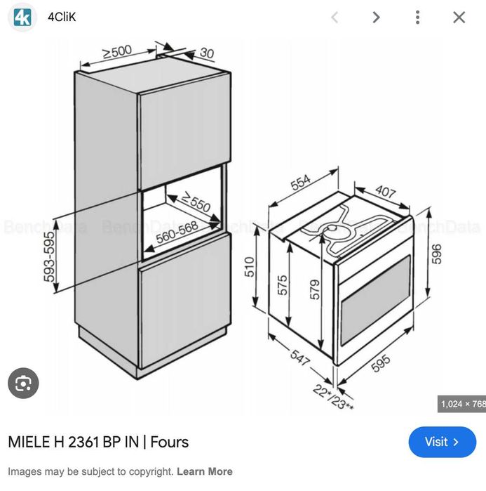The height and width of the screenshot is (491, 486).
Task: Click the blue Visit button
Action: coord(442,442)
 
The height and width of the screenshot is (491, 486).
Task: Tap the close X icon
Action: coord(459,18)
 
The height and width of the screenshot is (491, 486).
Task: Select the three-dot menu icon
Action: coord(417,18)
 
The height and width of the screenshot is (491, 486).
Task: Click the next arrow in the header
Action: coord(377,18)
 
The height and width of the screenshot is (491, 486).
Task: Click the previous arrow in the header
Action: coord(335,18)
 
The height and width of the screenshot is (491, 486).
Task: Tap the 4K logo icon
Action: coord(22,17)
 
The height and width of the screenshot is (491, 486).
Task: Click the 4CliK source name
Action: coord(62,18)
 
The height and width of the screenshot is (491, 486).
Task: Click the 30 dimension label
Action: coord(207,53)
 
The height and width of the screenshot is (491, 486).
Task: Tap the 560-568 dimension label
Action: coord(177,233)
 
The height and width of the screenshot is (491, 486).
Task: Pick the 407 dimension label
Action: coord(385,192)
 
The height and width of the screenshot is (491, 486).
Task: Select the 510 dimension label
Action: coord(249,267)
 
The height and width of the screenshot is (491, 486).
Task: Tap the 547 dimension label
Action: coord(299,357)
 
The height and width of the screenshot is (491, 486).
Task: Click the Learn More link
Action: coord(204,471)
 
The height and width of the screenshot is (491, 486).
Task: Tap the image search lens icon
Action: coord(23,384)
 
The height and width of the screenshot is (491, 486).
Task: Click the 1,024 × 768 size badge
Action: coord(462,404)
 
